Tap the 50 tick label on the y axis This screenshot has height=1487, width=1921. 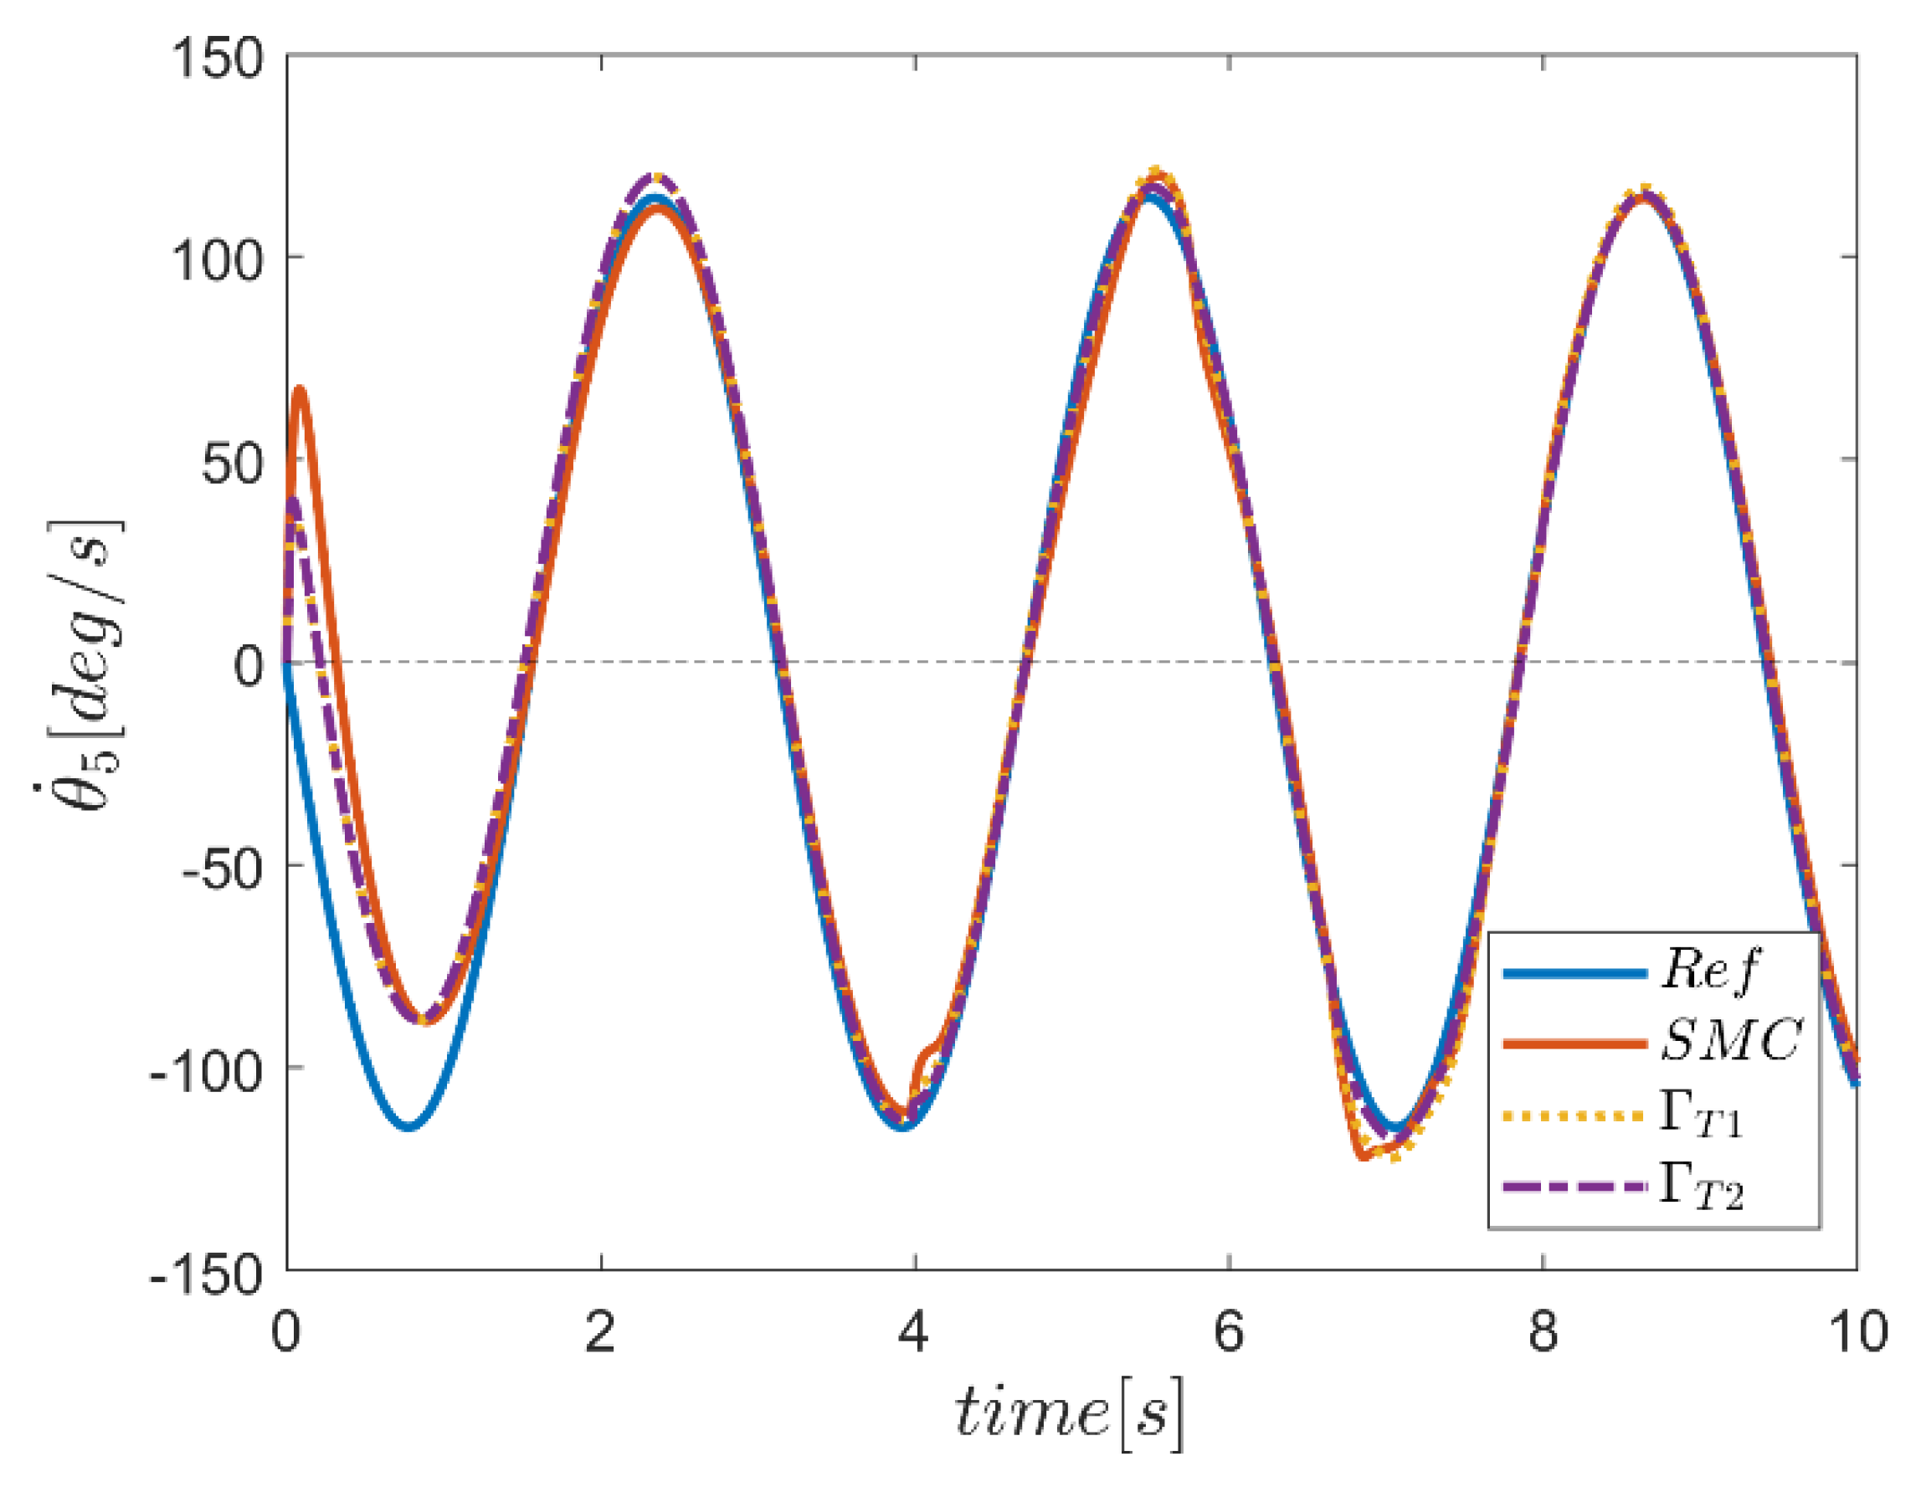pyautogui.click(x=232, y=464)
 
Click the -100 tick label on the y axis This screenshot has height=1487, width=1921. pyautogui.click(x=207, y=1071)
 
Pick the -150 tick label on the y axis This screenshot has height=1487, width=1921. pyautogui.click(x=207, y=1274)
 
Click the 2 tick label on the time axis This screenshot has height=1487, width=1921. pyautogui.click(x=600, y=1332)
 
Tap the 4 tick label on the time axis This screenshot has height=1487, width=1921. pyautogui.click(x=914, y=1332)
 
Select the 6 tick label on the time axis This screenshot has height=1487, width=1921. pyautogui.click(x=1229, y=1332)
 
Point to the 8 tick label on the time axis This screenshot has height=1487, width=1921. pyautogui.click(x=1543, y=1332)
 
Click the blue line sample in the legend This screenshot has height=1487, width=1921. pyautogui.click(x=1574, y=972)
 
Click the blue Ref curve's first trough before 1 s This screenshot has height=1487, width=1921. pyautogui.click(x=409, y=1126)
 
